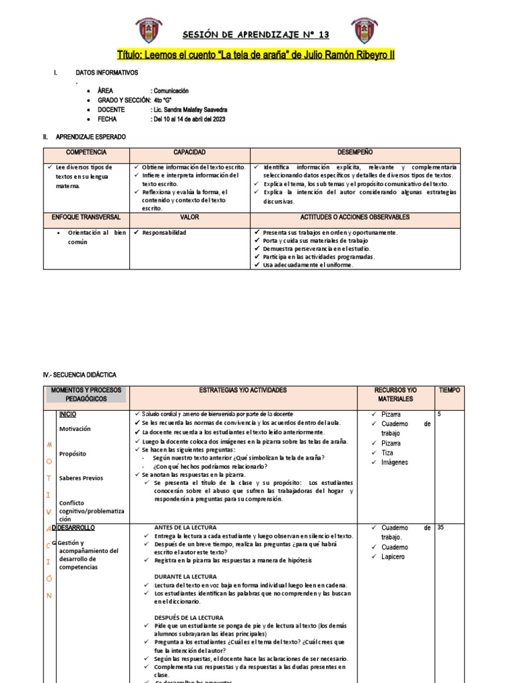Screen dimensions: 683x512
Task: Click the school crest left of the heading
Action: (x=148, y=31)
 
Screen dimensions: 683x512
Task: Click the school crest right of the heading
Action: (x=363, y=31)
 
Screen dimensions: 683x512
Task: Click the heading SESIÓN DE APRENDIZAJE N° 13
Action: (x=256, y=35)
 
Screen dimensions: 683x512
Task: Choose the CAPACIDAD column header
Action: (x=189, y=153)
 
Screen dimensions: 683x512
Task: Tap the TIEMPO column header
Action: (x=449, y=390)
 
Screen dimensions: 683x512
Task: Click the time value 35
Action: (x=441, y=528)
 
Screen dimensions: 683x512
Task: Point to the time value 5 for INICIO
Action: (x=439, y=414)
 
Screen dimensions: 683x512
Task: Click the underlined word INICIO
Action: (x=67, y=414)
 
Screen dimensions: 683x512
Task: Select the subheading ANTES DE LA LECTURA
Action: (x=185, y=528)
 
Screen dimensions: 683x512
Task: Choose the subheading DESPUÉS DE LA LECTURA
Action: (x=189, y=618)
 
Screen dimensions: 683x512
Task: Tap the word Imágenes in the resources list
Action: (x=395, y=462)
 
